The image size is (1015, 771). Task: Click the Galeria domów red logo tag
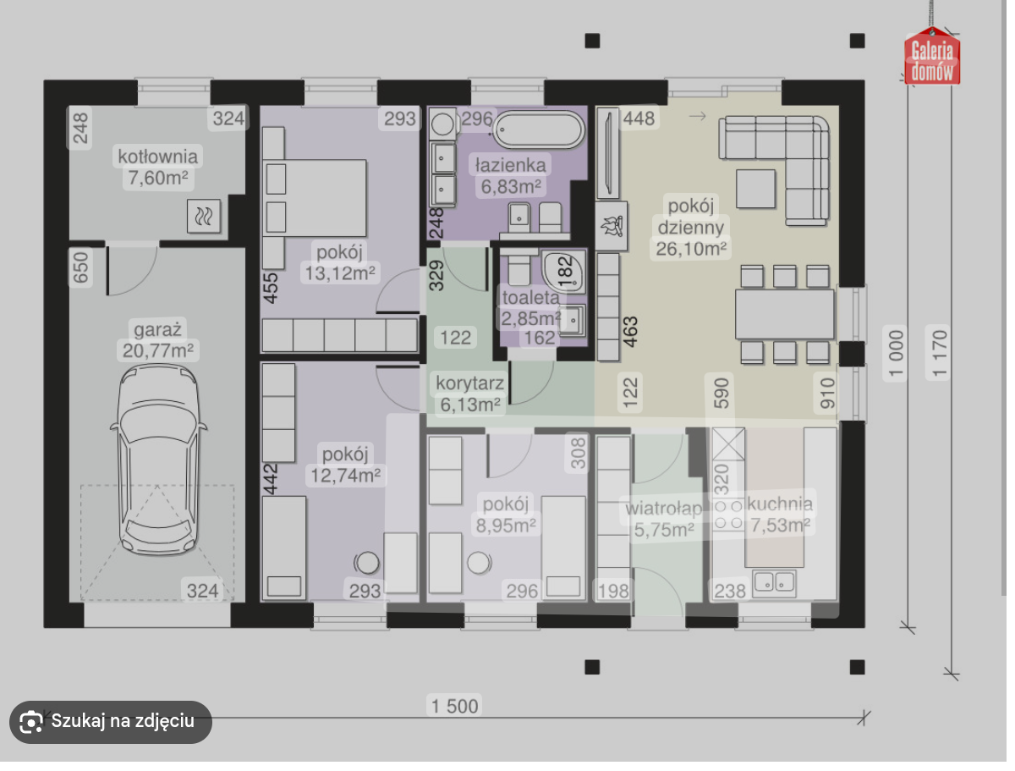932,57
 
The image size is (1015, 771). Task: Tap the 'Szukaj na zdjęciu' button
111,720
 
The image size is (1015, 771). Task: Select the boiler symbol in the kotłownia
204,216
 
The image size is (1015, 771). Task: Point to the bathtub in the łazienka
539,129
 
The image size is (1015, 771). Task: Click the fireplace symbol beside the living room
611,226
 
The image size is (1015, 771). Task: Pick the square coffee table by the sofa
755,188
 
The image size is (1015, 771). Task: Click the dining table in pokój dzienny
784,314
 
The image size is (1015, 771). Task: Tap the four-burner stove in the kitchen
728,515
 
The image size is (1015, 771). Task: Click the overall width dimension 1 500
454,706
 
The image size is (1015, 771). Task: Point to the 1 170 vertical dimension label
939,353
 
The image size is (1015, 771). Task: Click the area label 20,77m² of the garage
157,350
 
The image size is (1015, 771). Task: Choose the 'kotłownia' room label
157,157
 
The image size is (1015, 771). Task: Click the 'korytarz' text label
469,383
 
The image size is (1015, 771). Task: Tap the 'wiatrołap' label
664,509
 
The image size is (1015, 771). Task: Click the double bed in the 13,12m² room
315,198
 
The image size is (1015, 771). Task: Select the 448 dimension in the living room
639,118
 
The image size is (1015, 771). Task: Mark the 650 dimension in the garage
80,267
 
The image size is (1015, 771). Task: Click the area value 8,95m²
506,525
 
